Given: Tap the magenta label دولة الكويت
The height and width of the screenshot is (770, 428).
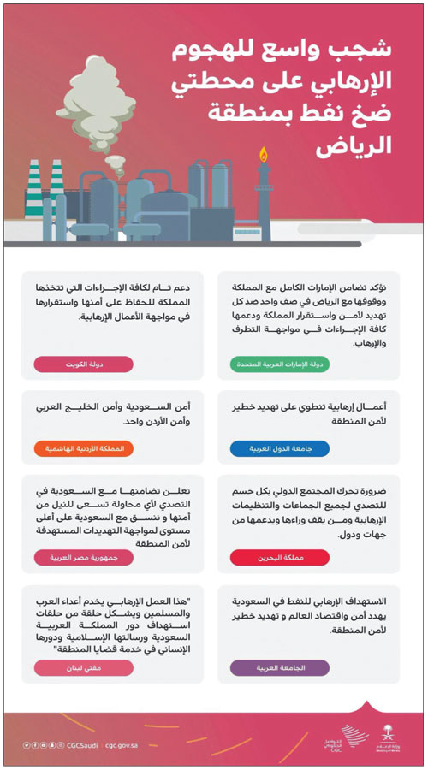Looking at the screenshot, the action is click(x=83, y=364).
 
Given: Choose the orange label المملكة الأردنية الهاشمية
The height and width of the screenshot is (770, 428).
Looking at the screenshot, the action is click(x=83, y=448).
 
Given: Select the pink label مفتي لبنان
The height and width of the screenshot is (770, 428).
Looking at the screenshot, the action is click(x=83, y=668).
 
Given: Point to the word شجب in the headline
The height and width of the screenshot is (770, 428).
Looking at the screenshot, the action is click(x=369, y=50).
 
